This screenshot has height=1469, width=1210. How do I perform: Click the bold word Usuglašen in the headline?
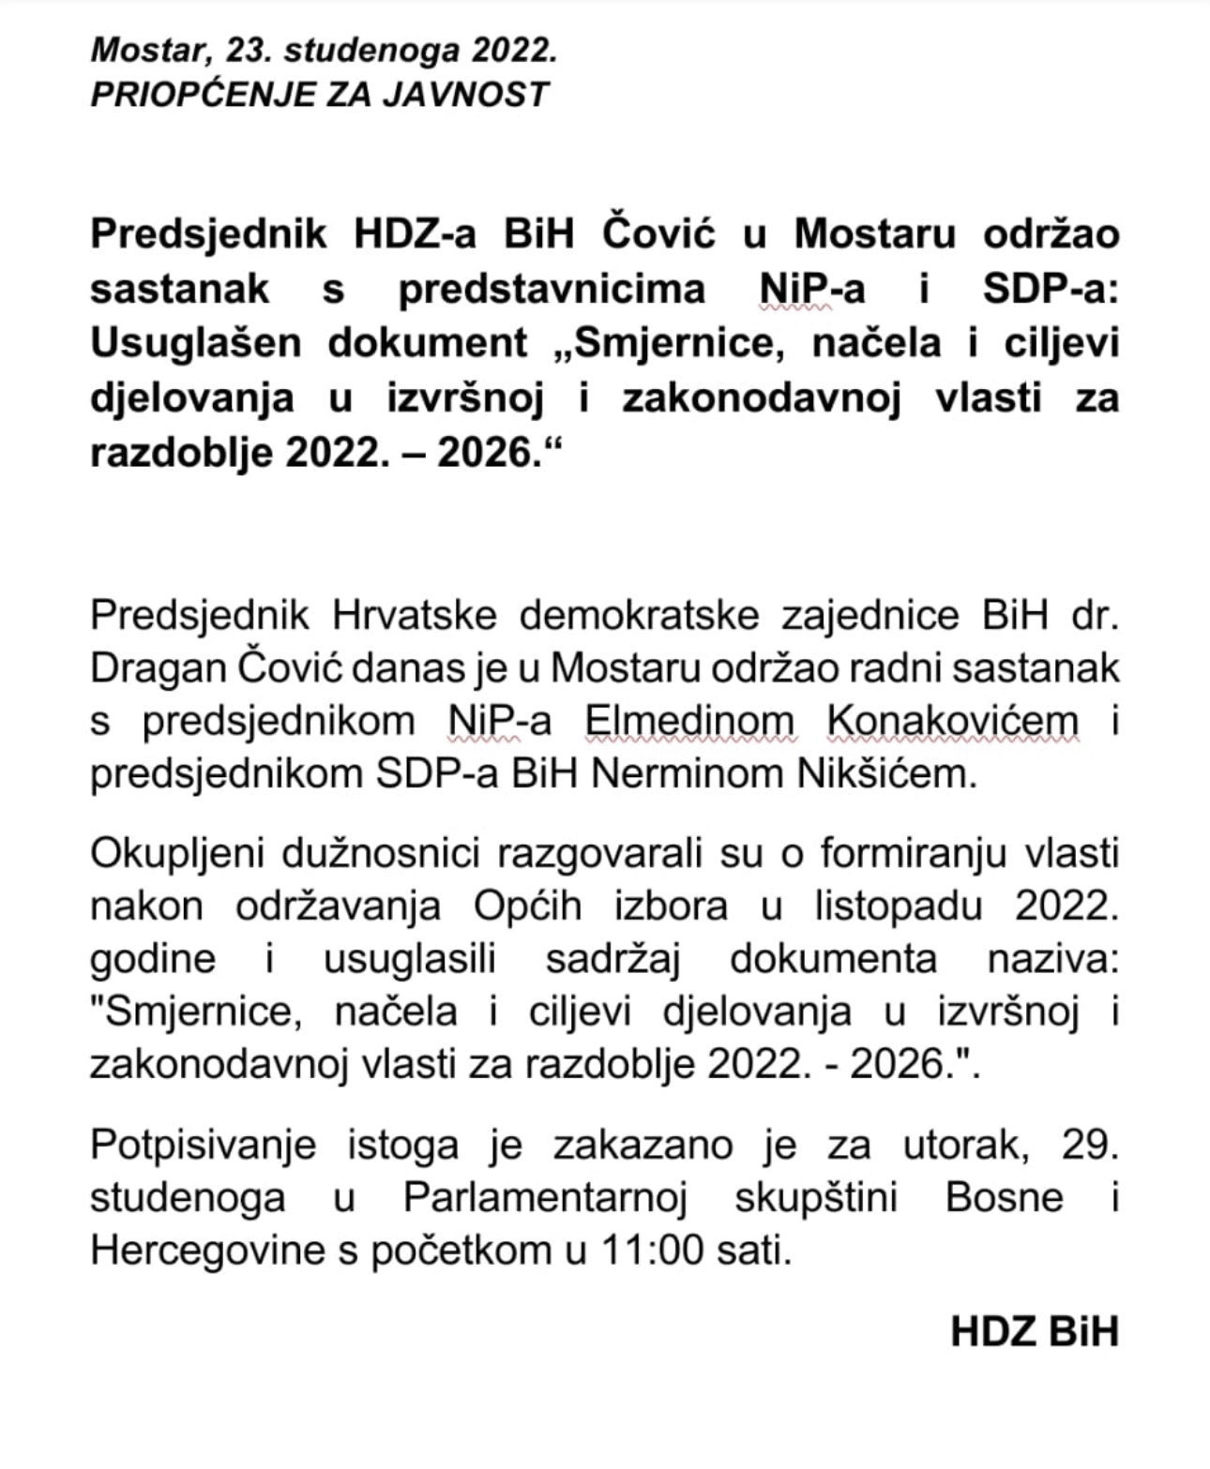click(x=196, y=343)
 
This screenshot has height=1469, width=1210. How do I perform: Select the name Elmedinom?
click(x=689, y=721)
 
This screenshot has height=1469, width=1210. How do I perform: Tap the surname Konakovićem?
click(x=953, y=721)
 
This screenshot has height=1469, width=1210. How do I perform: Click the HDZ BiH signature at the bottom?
click(x=1035, y=1331)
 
